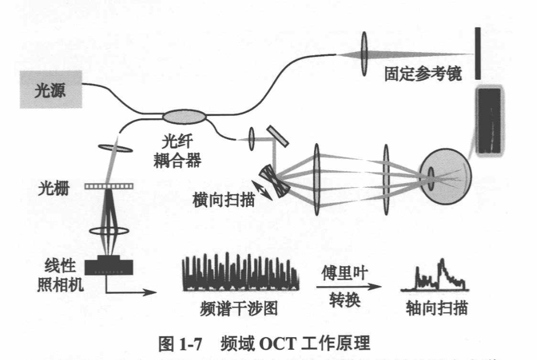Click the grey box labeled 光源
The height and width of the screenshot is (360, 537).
tap(51, 90)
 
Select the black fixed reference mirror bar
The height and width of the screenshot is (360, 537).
tap(477, 54)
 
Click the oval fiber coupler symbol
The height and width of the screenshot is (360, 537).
tap(184, 117)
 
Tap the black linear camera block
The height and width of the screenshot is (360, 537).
tap(110, 267)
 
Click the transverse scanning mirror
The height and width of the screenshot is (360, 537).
tap(274, 181)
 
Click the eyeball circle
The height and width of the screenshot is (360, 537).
tap(445, 175)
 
